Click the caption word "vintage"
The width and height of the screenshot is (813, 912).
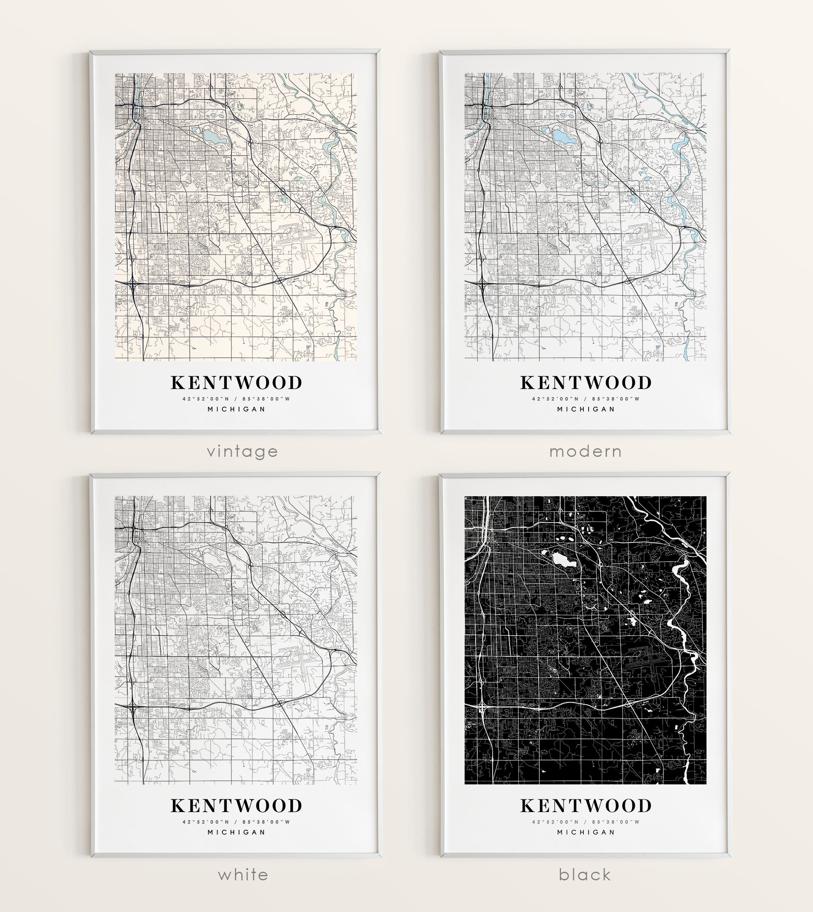point(242,452)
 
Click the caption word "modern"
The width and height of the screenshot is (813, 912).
point(586,452)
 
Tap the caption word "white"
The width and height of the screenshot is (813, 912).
point(243,875)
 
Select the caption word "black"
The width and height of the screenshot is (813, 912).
point(585,875)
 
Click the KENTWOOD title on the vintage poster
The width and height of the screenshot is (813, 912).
point(236,383)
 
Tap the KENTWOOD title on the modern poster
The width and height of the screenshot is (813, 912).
point(586,383)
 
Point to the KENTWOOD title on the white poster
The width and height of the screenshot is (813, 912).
point(236,806)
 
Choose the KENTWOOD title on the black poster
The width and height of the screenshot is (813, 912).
point(586,806)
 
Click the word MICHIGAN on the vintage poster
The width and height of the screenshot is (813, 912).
point(236,409)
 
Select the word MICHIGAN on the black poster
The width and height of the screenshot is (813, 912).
point(586,832)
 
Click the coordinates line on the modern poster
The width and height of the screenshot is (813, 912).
point(586,399)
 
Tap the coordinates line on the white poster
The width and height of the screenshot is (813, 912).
point(236,822)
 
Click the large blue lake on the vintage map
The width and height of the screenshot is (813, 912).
point(213,136)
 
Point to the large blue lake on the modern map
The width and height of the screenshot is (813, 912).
point(563,136)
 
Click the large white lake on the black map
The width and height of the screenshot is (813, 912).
point(563,559)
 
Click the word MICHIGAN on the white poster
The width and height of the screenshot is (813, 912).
point(236,832)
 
